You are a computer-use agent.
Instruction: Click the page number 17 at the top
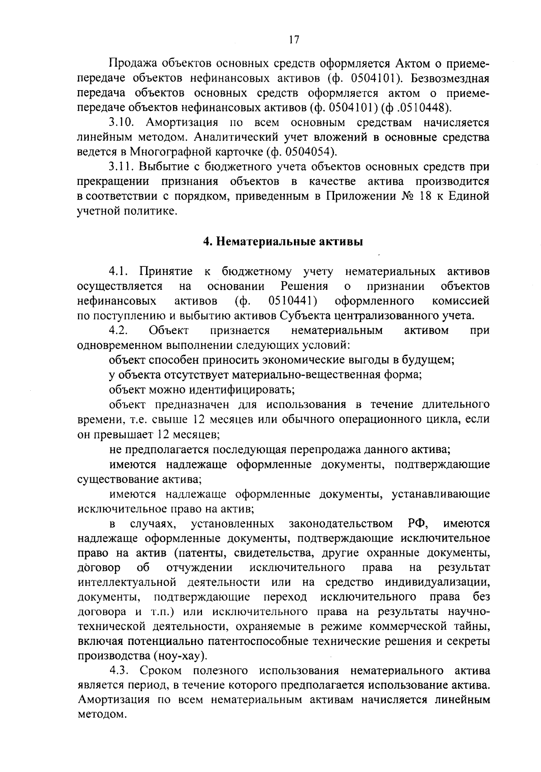coord(293,40)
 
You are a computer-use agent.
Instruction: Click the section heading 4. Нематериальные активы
coord(283,242)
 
